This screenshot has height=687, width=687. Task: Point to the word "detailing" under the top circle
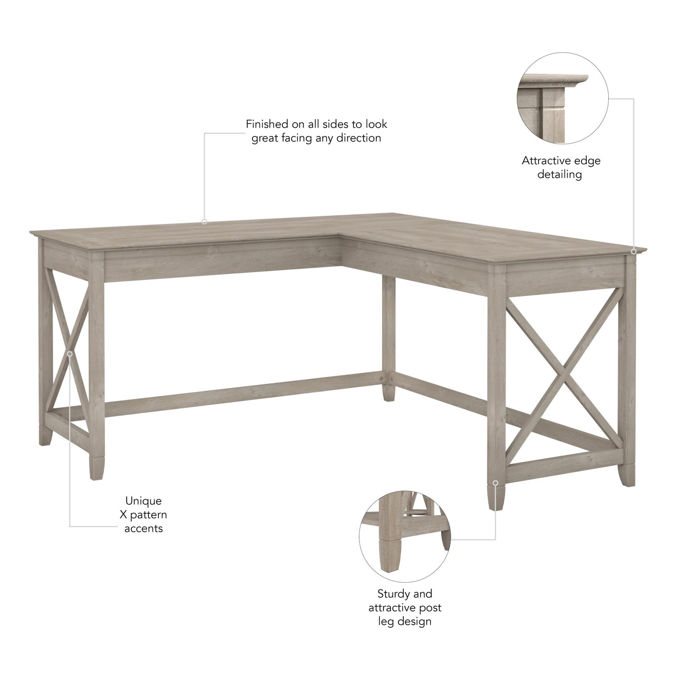pyautogui.click(x=559, y=174)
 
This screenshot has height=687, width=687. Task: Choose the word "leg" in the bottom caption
pyautogui.click(x=386, y=622)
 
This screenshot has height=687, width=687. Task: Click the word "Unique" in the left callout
pyautogui.click(x=143, y=501)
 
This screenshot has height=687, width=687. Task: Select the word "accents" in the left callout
pyautogui.click(x=143, y=529)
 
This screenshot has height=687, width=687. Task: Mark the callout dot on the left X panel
pyautogui.click(x=70, y=354)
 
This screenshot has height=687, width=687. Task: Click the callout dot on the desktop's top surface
pyautogui.click(x=204, y=222)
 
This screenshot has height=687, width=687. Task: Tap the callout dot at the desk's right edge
pyautogui.click(x=633, y=251)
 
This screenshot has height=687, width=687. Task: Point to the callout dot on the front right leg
pyautogui.click(x=496, y=483)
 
